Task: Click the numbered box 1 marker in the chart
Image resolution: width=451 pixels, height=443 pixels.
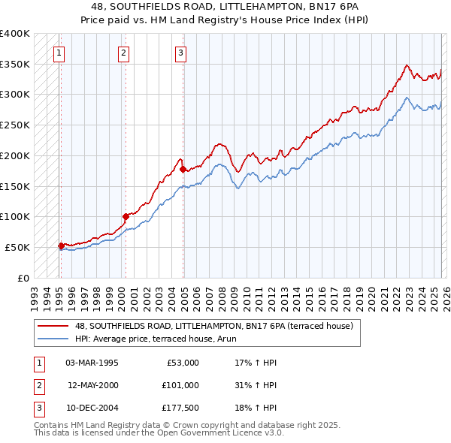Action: pos(59,53)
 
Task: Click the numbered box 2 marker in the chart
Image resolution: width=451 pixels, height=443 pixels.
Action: pos(123,53)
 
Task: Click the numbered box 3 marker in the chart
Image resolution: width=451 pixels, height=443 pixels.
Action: pos(181,53)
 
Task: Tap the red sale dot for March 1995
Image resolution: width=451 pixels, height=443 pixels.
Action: pos(61,245)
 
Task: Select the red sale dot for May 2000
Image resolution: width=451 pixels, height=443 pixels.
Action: pos(126,216)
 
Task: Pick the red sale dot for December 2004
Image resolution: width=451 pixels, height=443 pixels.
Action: pos(183,170)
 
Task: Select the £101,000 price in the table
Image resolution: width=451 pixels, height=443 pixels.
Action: pos(180,385)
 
